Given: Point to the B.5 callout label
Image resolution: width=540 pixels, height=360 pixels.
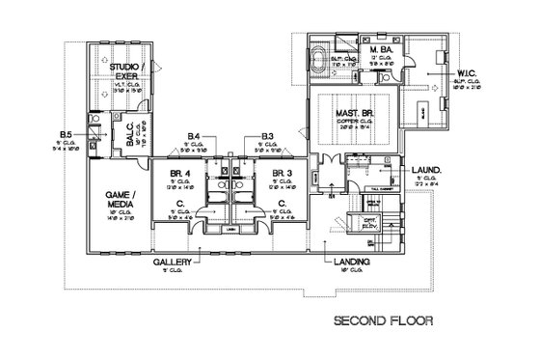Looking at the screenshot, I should pyautogui.click(x=67, y=133).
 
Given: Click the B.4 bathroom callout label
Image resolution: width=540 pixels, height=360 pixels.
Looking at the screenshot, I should pyautogui.click(x=194, y=137).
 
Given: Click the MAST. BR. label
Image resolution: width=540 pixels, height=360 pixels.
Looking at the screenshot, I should pyautogui.click(x=349, y=113).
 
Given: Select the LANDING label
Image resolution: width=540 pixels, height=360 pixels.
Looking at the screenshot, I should pyautogui.click(x=348, y=263).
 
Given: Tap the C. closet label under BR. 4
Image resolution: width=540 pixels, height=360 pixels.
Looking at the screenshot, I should pyautogui.click(x=182, y=204).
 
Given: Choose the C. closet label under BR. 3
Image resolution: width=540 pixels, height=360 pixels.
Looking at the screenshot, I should pyautogui.click(x=282, y=204).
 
